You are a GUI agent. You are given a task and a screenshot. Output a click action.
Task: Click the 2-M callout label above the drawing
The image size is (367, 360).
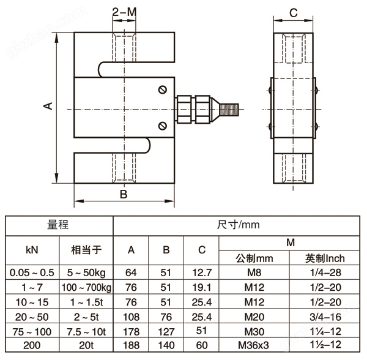[124, 12]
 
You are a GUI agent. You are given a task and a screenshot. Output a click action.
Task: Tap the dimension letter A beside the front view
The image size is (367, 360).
[48, 105]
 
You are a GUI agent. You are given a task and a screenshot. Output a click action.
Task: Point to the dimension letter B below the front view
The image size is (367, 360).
[123, 195]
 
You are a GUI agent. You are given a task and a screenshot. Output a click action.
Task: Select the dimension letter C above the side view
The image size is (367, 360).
[293, 12]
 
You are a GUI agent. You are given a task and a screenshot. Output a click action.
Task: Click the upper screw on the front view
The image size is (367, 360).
[161, 89]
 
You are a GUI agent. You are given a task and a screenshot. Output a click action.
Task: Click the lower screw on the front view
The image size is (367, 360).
[161, 126]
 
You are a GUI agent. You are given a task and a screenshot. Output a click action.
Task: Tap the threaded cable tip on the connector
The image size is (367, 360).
[231, 109]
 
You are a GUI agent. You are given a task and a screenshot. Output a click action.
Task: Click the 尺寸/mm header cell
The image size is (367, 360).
[238, 225]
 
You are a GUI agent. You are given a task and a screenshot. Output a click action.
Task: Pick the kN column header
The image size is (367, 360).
[32, 250]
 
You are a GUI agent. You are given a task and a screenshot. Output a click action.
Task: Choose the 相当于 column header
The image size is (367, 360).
[86, 250]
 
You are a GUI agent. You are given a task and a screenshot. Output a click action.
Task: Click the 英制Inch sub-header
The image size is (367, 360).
[326, 258]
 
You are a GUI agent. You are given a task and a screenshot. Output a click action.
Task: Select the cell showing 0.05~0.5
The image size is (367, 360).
[32, 272]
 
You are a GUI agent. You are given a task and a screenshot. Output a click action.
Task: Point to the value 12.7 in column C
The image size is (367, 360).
[201, 272]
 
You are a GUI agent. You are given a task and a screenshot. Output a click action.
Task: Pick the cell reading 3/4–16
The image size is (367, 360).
[326, 317]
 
